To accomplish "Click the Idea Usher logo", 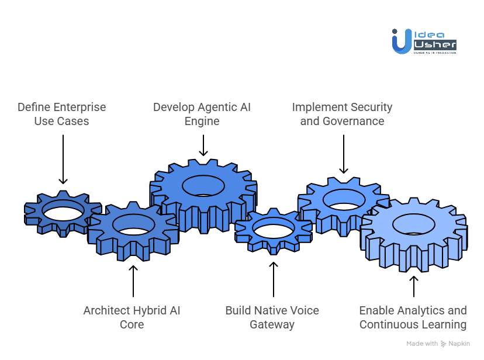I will (x=424, y=41).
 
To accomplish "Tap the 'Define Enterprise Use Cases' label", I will (x=61, y=114).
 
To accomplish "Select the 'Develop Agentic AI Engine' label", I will (x=203, y=114).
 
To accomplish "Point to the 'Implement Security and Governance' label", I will (x=342, y=114).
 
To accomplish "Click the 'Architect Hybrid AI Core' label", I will (x=132, y=317).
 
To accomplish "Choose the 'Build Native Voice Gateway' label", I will (x=272, y=317).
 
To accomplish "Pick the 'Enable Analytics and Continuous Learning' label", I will (x=413, y=317).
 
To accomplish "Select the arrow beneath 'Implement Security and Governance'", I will (x=343, y=154).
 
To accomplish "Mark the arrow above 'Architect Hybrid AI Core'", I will (x=133, y=281).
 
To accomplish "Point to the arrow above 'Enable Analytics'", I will (x=413, y=286).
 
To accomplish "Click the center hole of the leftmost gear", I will (x=63, y=210).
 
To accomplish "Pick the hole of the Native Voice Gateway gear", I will (x=273, y=229).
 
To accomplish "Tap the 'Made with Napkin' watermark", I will (x=438, y=344).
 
